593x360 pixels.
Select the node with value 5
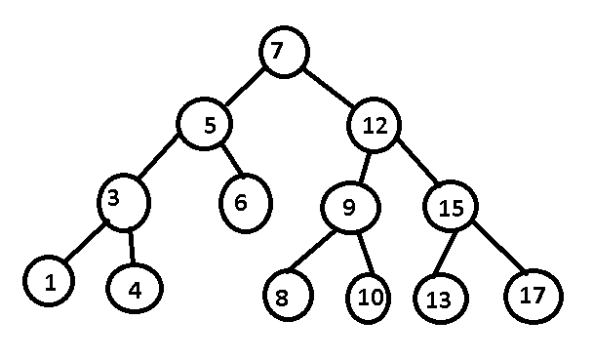[x=203, y=125]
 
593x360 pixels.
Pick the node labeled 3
[x=125, y=202]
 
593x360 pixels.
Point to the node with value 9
[x=349, y=208]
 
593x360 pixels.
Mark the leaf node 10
[x=369, y=298]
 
